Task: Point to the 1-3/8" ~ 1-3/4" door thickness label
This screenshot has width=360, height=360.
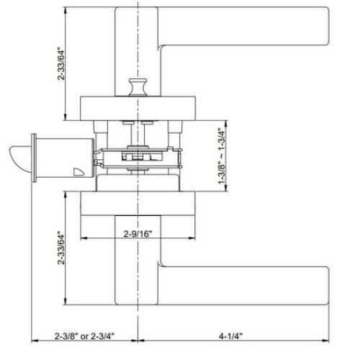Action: coord(225,157)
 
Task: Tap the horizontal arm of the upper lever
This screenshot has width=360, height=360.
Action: coord(245,43)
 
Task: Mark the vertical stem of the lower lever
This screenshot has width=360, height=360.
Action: coord(138,266)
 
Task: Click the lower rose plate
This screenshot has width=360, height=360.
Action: coord(138,202)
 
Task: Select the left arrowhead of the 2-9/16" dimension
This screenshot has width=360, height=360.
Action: coord(81,238)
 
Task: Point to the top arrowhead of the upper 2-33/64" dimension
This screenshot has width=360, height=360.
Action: coord(66,13)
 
